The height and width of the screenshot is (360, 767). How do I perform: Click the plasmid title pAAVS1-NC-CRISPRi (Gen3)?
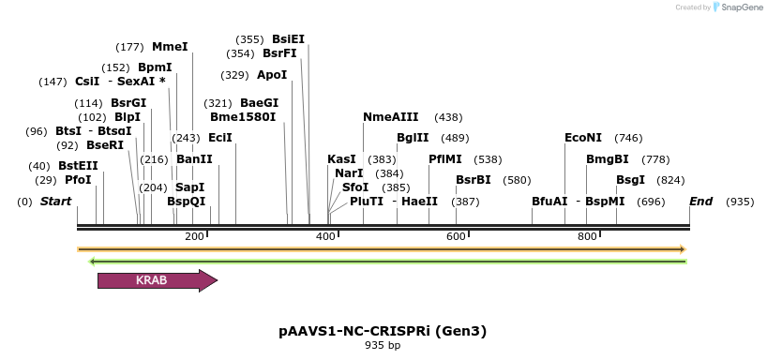[383, 331]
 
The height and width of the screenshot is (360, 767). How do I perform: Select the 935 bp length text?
[383, 346]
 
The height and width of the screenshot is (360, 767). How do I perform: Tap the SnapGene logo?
[740, 7]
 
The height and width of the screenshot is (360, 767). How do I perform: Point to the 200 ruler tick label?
[195, 236]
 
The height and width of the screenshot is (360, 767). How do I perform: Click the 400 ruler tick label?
[326, 236]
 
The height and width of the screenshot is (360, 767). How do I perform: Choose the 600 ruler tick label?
[457, 236]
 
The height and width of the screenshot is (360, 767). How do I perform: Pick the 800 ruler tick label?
[588, 236]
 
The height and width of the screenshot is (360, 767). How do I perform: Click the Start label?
[56, 202]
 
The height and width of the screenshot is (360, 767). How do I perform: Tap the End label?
[700, 202]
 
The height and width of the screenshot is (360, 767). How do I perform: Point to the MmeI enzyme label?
[170, 47]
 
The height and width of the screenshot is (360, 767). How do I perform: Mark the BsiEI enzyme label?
[288, 39]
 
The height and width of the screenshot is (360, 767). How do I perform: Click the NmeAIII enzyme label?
[391, 117]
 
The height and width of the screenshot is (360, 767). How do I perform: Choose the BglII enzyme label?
[413, 138]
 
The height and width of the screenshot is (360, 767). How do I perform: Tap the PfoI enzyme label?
[78, 180]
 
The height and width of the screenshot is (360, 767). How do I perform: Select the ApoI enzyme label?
[272, 75]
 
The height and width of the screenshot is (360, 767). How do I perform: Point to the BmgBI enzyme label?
[608, 159]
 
